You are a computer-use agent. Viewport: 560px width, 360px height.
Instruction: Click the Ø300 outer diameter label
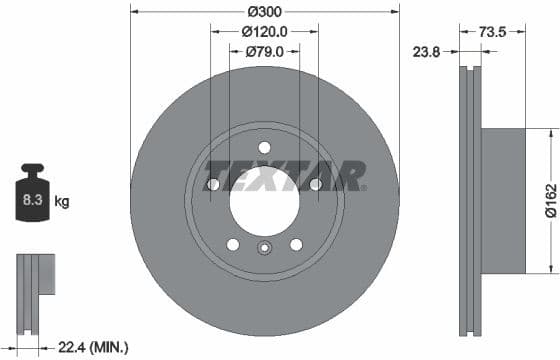point(264,11)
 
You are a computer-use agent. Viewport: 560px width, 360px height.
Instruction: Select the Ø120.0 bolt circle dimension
point(265,31)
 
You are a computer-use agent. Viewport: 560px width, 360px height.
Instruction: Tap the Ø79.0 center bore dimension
point(265,52)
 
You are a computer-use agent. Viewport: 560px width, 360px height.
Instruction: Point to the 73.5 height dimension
point(491,32)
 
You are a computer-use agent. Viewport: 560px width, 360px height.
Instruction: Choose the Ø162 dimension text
point(550,199)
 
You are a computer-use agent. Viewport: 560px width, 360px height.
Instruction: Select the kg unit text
point(62,202)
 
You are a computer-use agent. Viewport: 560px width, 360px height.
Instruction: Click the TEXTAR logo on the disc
point(285,179)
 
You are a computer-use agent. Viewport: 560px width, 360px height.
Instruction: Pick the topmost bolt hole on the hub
point(264,147)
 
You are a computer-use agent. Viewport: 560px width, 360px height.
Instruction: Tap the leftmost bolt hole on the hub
point(213,184)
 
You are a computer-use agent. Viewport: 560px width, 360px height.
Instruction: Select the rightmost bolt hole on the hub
point(316,184)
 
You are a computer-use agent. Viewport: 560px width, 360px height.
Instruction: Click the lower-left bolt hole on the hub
point(233,244)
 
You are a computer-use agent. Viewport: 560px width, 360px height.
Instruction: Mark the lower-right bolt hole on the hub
point(296,244)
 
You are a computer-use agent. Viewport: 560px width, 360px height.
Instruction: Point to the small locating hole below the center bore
point(264,249)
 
